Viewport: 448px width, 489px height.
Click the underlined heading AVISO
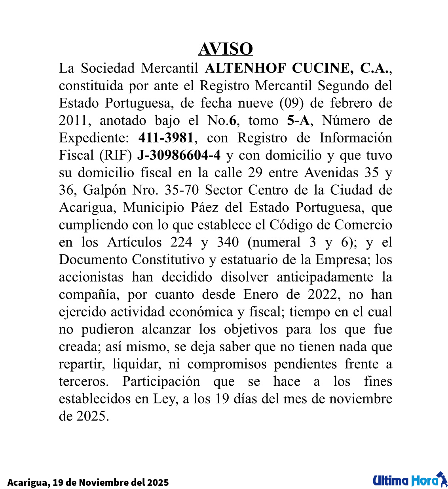225,49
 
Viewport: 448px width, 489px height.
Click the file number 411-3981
166,138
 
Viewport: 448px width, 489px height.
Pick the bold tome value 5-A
298,121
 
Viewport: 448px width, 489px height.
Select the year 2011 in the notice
74,121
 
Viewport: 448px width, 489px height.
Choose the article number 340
228,243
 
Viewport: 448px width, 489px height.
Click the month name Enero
260,295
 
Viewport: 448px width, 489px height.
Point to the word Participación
161,382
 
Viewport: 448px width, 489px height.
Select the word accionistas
91,277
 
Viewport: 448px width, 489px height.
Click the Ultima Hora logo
410,480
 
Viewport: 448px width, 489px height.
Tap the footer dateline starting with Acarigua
88,483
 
